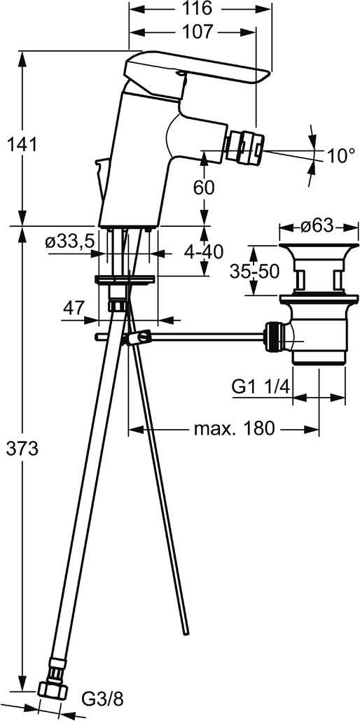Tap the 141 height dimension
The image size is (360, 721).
click(x=22, y=145)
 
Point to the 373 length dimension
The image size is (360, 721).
click(x=22, y=448)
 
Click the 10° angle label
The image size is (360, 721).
click(x=341, y=156)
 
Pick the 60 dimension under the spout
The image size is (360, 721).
click(x=203, y=188)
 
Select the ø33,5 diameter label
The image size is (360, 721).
click(x=70, y=241)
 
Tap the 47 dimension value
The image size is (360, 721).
click(x=74, y=307)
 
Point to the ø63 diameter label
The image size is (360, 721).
click(x=318, y=226)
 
